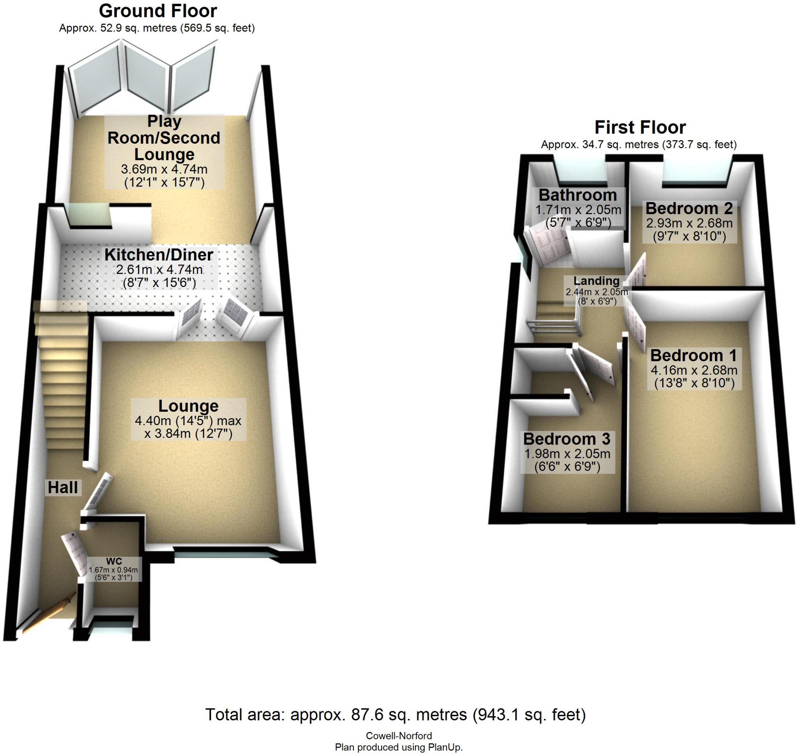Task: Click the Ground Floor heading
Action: [158, 11]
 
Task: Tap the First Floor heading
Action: [640, 127]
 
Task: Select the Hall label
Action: [63, 487]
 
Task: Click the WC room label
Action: [114, 561]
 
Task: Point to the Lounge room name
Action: [188, 406]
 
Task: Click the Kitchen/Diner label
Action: [159, 255]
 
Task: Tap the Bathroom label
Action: [578, 195]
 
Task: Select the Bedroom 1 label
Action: [694, 355]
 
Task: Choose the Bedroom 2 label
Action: [689, 208]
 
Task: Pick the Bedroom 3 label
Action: [567, 439]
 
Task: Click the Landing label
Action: [596, 281]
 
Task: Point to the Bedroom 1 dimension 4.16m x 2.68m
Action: [694, 370]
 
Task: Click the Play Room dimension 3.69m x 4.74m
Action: [164, 169]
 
